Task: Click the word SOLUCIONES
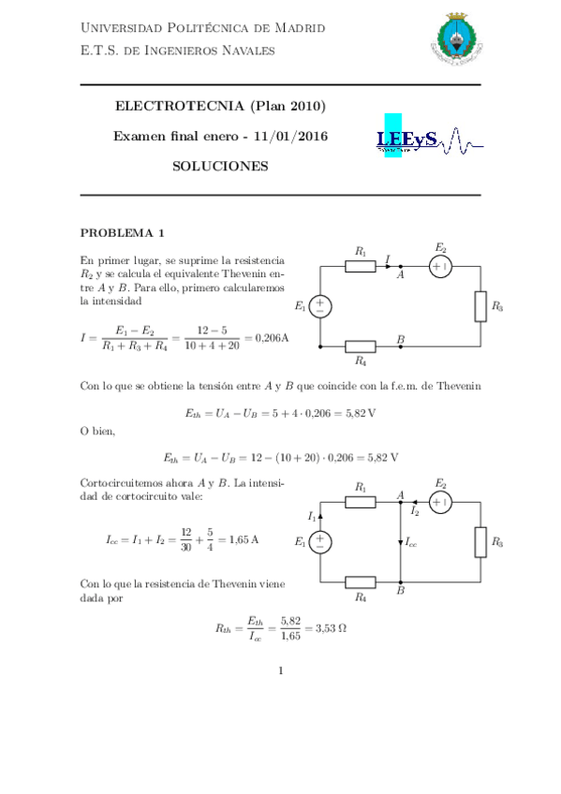(x=220, y=166)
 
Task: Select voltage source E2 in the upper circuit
(x=440, y=267)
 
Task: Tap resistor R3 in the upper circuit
(x=480, y=307)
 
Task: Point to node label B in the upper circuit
(x=401, y=338)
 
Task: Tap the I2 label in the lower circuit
(x=415, y=511)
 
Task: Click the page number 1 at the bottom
(x=280, y=669)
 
